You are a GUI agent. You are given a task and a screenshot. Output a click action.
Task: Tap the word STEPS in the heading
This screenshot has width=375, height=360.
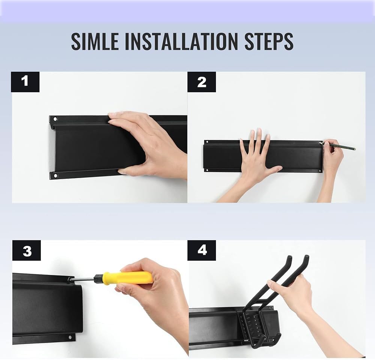point(269,42)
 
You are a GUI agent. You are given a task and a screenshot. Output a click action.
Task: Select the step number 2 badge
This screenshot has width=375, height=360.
point(202,82)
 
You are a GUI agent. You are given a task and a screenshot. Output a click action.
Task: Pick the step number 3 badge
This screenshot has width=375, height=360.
point(27,250)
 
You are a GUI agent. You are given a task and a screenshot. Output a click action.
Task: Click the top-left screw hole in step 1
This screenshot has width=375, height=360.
point(55,119)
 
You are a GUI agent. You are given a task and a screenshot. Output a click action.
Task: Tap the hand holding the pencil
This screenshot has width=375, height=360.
point(332,157)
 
